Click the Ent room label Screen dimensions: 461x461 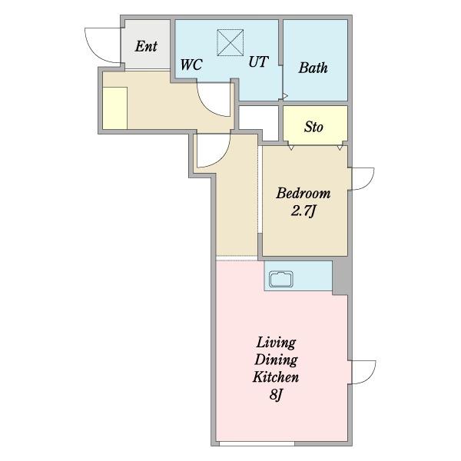pos(146,46)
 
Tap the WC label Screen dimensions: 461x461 pos(191,65)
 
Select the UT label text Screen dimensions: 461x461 pos(258,61)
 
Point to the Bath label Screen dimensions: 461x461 pos(313,68)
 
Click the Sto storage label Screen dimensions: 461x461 pos(313,127)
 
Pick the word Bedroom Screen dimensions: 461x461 pos(303,193)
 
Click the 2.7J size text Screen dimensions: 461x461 pos(303,211)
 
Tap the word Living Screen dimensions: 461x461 pos(276,343)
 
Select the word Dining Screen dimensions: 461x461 pos(276,360)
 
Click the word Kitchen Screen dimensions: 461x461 pos(276,377)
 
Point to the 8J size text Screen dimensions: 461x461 pos(276,395)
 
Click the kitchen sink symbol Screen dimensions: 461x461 pos(281,279)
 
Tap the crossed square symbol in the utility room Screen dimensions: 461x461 pos(230,42)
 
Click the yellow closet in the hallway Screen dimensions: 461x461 pos(115,108)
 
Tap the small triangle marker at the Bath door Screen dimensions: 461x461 pos(285,96)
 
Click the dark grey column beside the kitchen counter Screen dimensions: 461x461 pos(342,277)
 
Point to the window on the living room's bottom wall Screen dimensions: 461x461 pos(257,443)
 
